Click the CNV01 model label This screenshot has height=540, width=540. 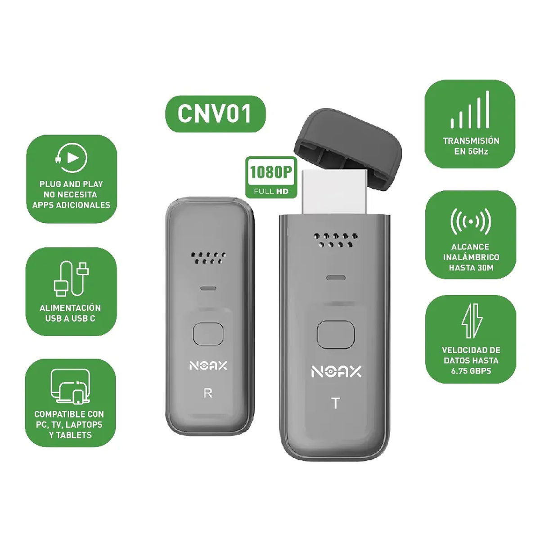click(215, 114)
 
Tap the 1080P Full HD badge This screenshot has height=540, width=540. click(271, 177)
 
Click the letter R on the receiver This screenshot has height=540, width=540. click(208, 393)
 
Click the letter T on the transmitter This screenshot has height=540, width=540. click(335, 403)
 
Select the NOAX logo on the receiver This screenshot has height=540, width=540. click(208, 366)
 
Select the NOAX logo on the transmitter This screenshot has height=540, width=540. click(336, 372)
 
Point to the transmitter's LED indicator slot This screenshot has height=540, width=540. click(336, 278)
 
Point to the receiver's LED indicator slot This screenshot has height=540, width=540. click(208, 288)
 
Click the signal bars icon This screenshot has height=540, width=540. click(470, 109)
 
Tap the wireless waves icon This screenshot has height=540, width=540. click(471, 222)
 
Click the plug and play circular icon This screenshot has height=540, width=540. click(71, 158)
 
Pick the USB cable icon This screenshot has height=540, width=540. click(71, 279)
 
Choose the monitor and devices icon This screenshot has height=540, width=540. click(71, 387)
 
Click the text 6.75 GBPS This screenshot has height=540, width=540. click(471, 371)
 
